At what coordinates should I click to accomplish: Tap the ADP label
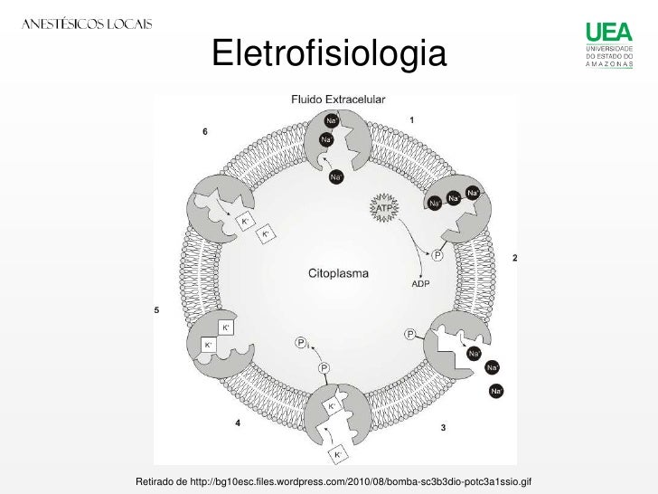[x=421, y=284]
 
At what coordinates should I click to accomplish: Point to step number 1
[x=412, y=119]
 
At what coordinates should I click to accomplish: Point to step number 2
[x=515, y=259]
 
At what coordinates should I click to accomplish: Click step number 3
[x=443, y=427]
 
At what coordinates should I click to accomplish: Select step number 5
[x=156, y=310]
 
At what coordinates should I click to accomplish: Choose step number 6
[x=204, y=131]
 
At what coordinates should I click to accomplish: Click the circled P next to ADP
[x=438, y=256]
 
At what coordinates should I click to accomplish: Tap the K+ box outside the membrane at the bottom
[x=338, y=453]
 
